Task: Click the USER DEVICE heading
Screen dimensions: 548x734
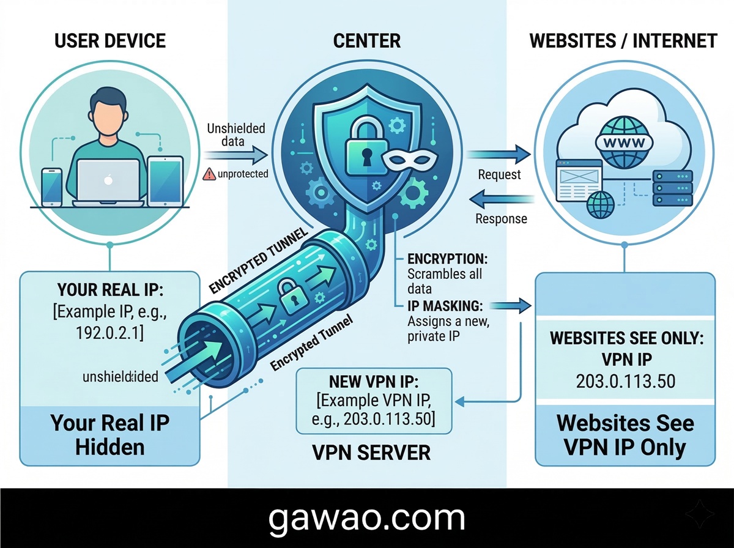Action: [110, 41]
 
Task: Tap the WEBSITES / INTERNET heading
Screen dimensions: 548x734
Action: [623, 41]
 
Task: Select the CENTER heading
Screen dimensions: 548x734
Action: [367, 41]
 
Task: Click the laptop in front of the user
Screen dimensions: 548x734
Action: [110, 179]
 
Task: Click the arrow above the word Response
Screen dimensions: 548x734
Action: [501, 199]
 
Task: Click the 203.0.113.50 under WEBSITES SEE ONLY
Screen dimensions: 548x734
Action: [625, 381]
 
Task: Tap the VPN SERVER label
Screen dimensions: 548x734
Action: [371, 453]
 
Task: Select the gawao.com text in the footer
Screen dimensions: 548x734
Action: [367, 518]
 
